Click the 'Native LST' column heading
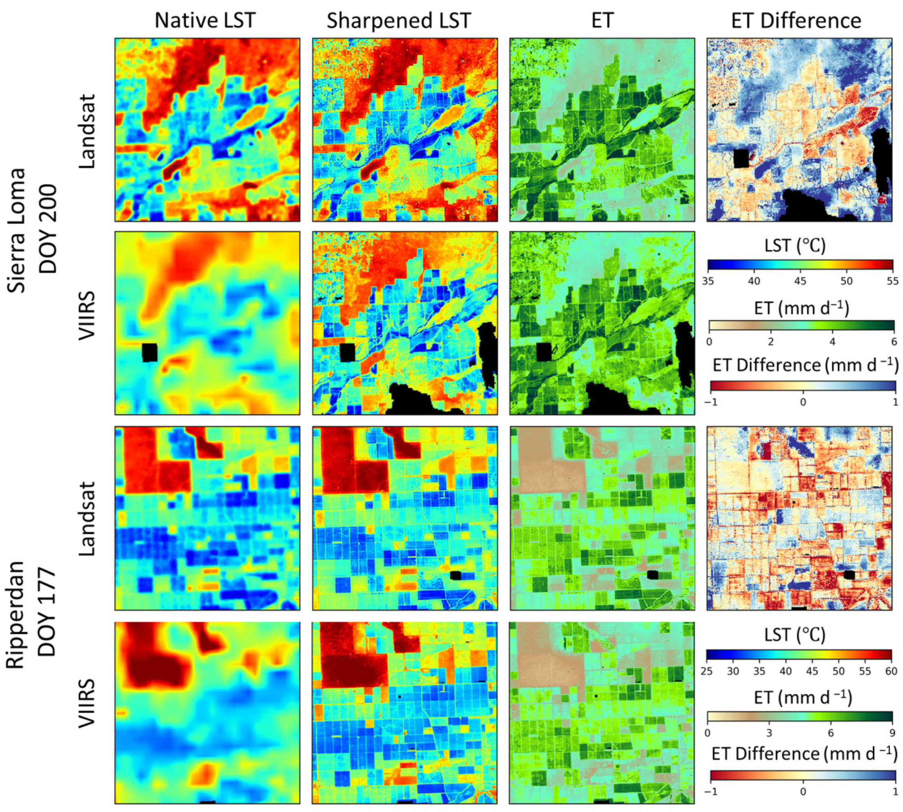point(205,20)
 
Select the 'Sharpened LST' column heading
point(399,20)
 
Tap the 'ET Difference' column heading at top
point(796,20)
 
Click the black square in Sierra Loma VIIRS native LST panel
point(149,353)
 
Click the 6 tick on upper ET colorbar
point(894,342)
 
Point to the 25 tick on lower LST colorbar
point(707,671)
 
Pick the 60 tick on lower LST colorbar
point(891,671)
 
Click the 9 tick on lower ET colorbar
point(892,733)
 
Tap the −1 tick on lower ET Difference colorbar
point(710,792)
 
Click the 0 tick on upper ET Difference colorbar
point(803,402)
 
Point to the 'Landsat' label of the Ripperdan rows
point(87,518)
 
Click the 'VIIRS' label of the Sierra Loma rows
point(87,316)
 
